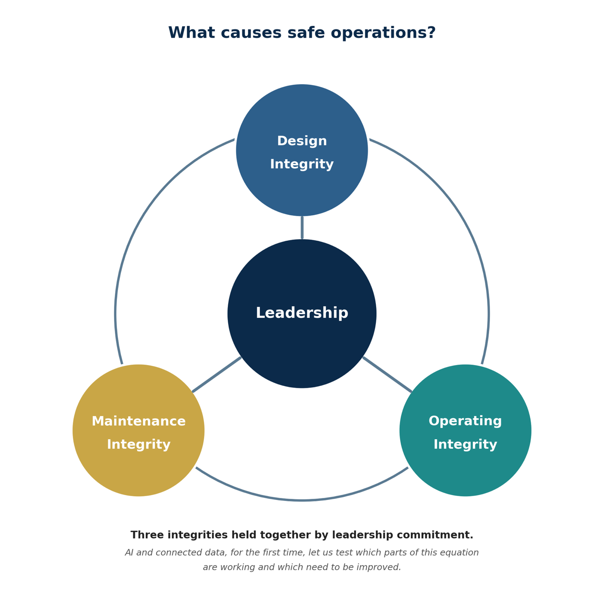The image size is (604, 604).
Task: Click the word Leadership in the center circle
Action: (x=302, y=313)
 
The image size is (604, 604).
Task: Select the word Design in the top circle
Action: (x=302, y=141)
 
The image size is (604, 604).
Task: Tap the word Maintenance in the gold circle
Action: (x=138, y=421)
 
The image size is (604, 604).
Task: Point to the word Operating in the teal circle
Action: (x=465, y=421)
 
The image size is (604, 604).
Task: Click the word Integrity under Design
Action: (x=302, y=164)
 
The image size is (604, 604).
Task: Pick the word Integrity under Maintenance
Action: (x=138, y=445)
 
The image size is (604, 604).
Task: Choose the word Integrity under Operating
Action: (x=465, y=445)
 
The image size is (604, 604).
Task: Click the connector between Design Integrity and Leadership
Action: (x=302, y=227)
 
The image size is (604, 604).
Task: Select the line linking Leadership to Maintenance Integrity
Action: (x=217, y=374)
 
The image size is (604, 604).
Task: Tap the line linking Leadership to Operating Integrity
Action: (x=387, y=374)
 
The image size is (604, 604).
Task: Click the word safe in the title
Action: (x=306, y=33)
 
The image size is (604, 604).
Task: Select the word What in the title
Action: (x=192, y=33)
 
